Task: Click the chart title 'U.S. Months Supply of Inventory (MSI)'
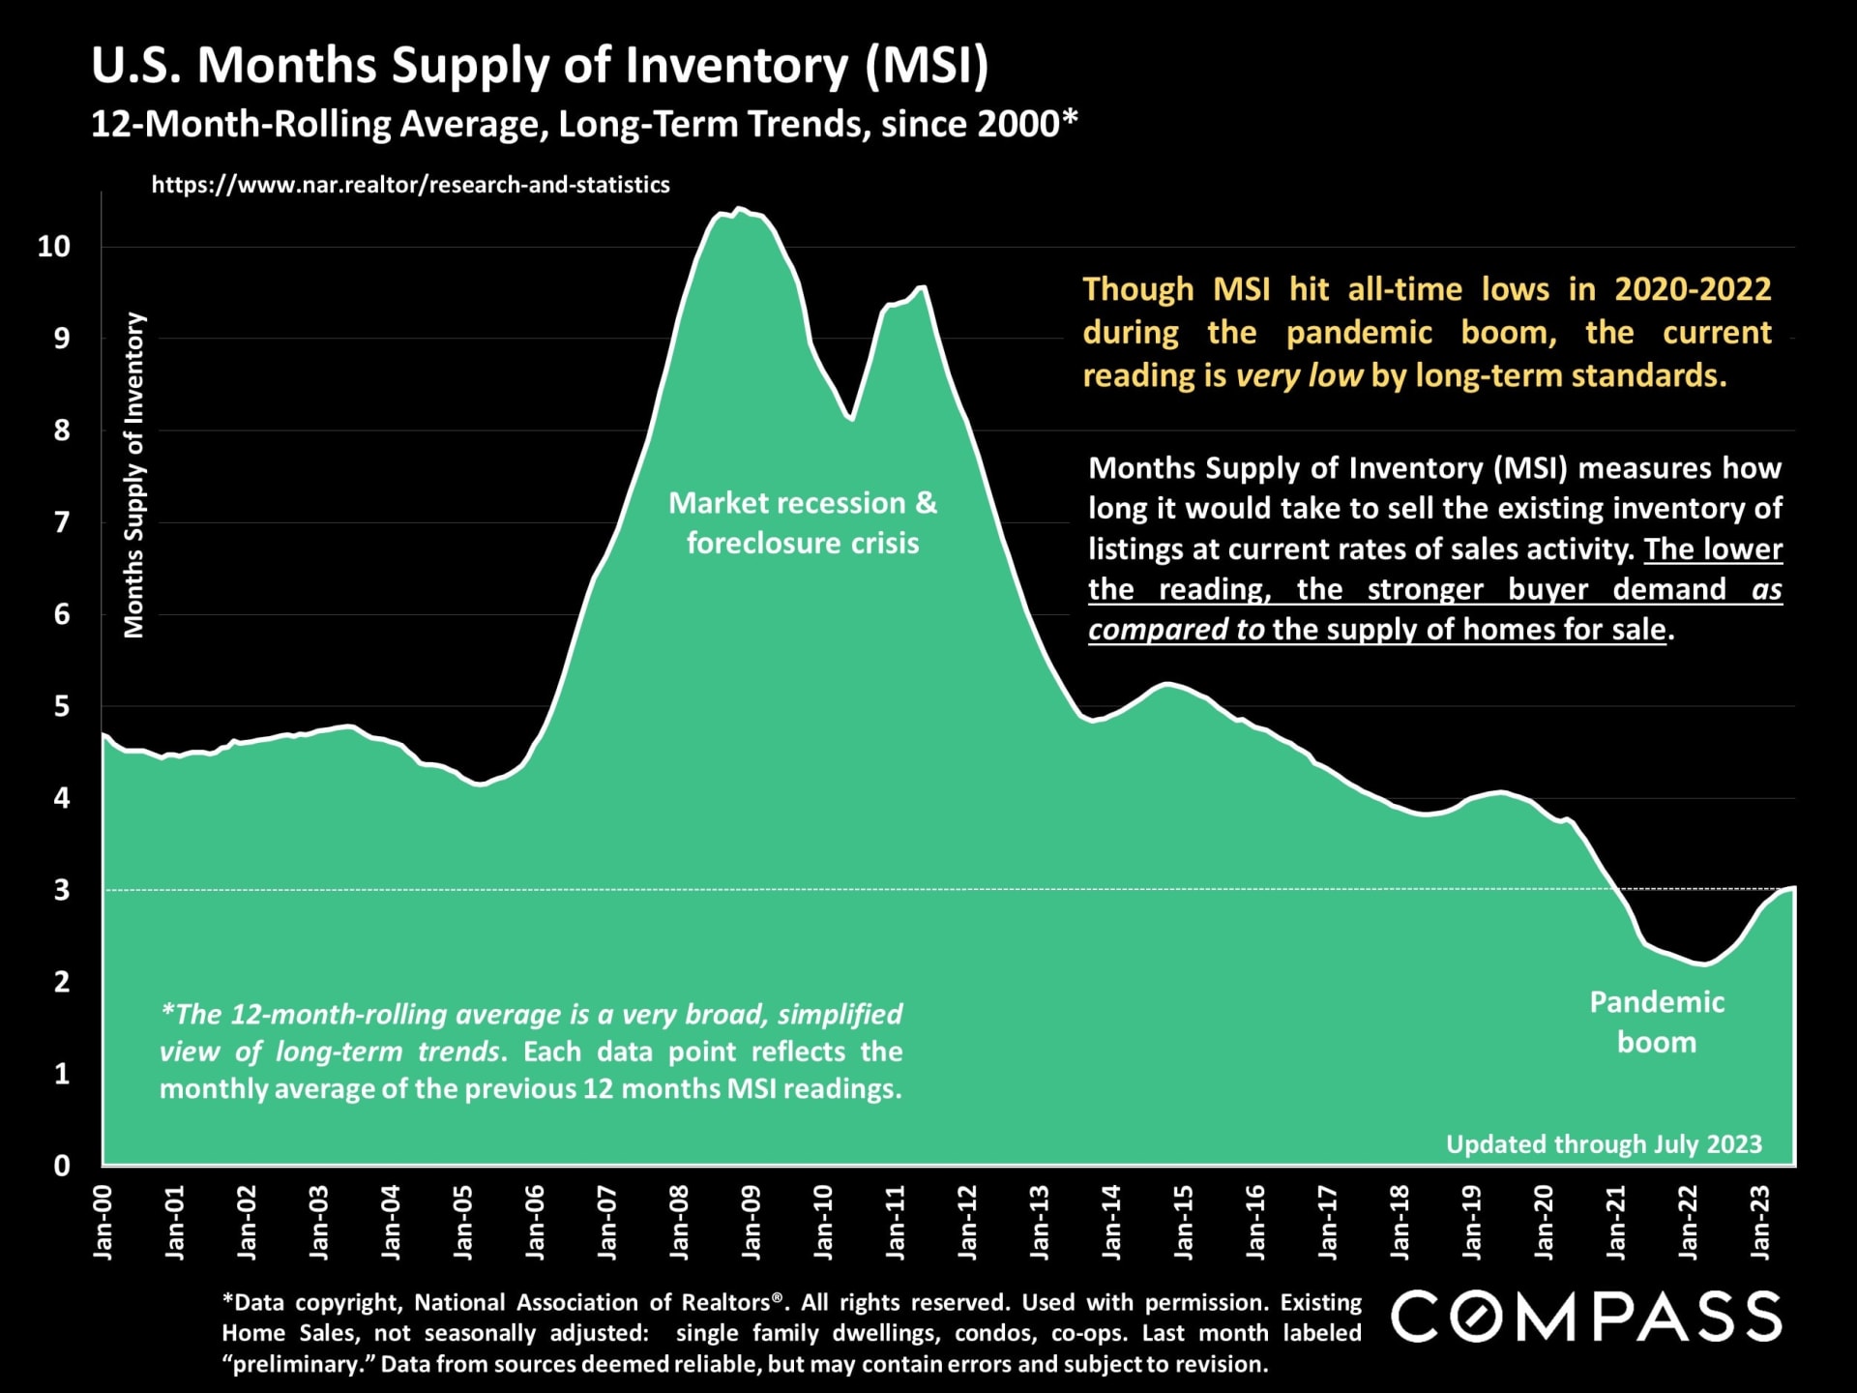click(x=540, y=66)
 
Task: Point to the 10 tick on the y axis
click(x=54, y=247)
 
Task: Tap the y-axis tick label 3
click(x=62, y=890)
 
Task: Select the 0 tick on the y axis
click(x=62, y=1166)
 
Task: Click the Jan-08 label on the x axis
click(x=679, y=1223)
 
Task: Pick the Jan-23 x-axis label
click(x=1760, y=1223)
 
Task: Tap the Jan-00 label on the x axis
click(x=103, y=1223)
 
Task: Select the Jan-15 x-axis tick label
click(x=1184, y=1223)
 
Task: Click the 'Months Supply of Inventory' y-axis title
click(x=133, y=475)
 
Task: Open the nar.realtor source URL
click(x=410, y=185)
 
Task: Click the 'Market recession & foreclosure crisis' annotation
click(x=803, y=522)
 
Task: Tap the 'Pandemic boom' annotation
click(x=1657, y=1022)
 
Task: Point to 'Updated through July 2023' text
click(x=1604, y=1144)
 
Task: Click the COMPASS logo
click(x=1586, y=1317)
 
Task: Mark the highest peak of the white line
click(x=739, y=208)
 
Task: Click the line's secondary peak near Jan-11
click(x=922, y=286)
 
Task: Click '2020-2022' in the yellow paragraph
click(x=1693, y=289)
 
